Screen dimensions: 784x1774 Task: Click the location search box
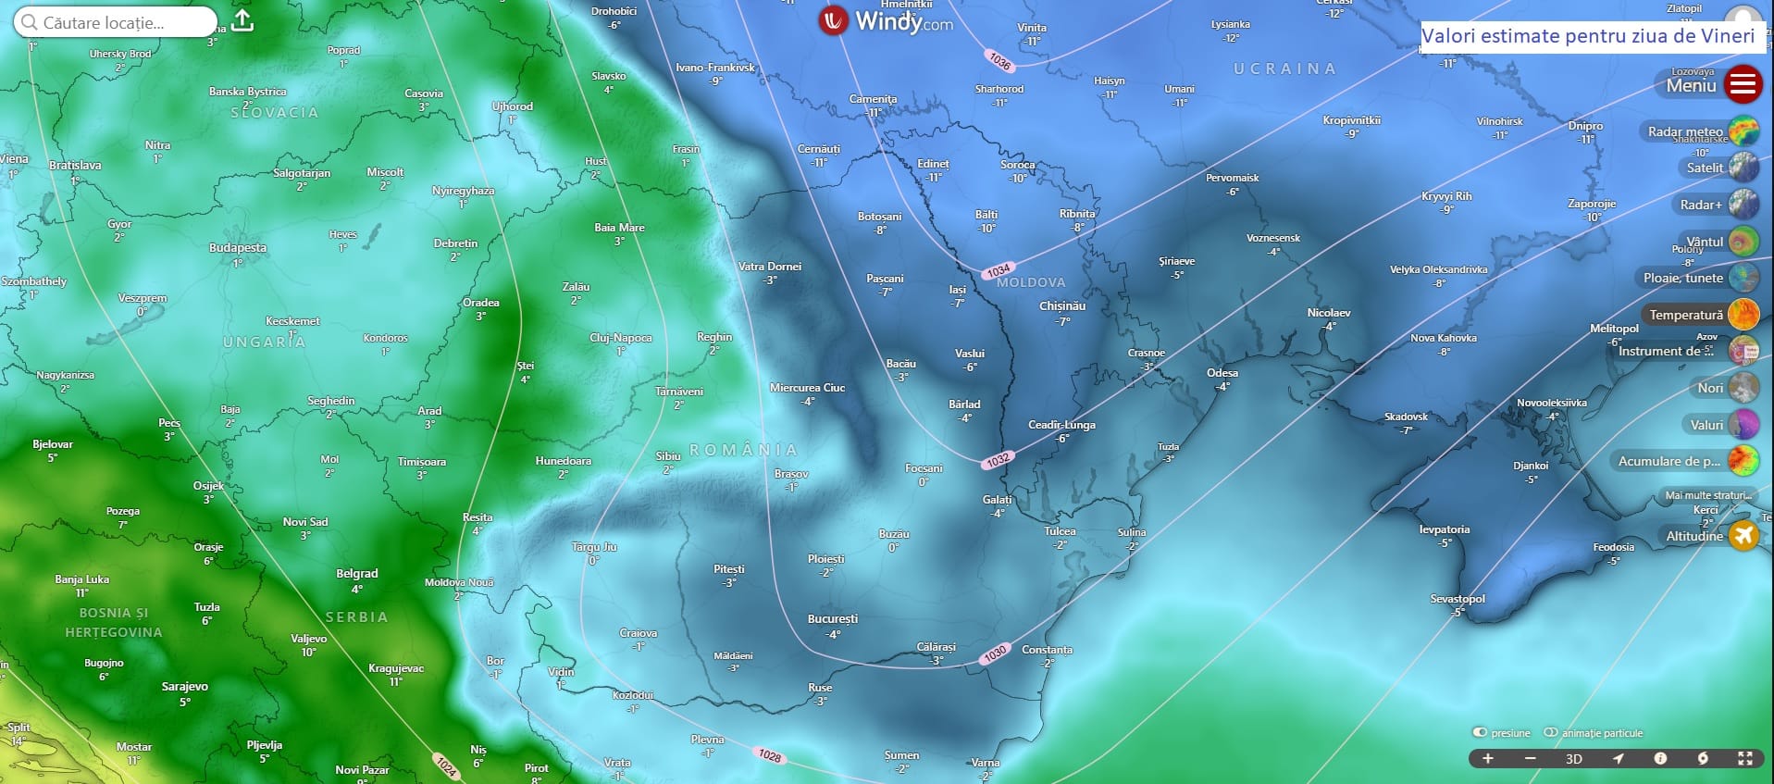point(116,22)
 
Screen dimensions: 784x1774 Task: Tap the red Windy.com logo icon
point(834,20)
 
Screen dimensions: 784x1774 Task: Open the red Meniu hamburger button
point(1743,84)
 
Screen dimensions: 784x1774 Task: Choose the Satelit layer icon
point(1743,168)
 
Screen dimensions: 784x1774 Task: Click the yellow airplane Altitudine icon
point(1743,536)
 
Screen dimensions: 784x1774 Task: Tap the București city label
point(833,619)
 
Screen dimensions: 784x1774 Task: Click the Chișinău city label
point(1062,306)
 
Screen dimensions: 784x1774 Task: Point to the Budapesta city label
point(238,248)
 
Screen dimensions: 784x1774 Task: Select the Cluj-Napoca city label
point(620,338)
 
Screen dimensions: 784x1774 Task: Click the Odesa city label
point(1222,373)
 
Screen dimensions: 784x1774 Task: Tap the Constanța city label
point(1047,650)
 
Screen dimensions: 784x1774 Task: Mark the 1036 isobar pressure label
point(999,61)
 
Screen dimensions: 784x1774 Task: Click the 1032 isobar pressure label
point(998,459)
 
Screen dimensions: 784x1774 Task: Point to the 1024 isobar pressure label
point(447,765)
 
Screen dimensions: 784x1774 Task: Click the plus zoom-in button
point(1488,758)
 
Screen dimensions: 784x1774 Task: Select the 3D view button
point(1573,759)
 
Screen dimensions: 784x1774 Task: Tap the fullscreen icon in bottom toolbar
point(1744,758)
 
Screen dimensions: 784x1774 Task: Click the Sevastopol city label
point(1458,599)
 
